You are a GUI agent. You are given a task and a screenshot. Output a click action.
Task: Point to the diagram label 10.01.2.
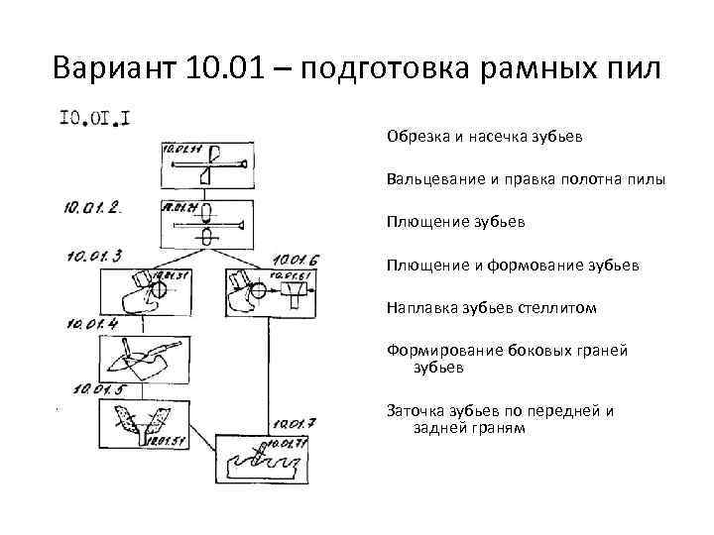tap(91, 207)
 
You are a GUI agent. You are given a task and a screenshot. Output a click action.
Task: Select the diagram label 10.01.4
tap(92, 323)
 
